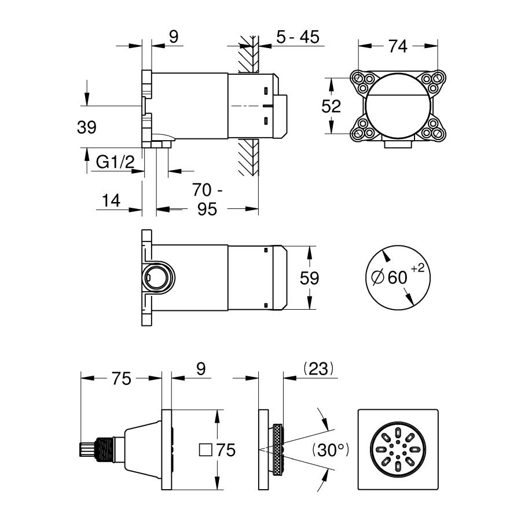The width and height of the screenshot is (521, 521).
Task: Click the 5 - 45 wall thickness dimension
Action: click(x=298, y=36)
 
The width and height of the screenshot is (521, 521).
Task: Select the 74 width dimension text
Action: click(x=398, y=46)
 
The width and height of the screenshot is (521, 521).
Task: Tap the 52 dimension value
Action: click(x=331, y=107)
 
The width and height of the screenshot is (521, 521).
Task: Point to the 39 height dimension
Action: click(x=87, y=127)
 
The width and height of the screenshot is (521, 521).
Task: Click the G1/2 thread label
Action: click(x=115, y=162)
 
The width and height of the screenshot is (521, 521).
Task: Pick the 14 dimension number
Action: click(x=111, y=201)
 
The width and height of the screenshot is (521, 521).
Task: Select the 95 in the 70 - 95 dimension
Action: click(x=207, y=209)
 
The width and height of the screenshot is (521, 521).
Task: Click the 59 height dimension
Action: click(x=309, y=278)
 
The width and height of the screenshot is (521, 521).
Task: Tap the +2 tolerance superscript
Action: click(x=417, y=269)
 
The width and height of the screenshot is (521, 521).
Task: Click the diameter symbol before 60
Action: click(x=378, y=277)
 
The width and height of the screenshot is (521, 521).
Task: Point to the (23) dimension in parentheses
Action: click(x=318, y=369)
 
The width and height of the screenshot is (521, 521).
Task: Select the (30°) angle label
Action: click(x=331, y=450)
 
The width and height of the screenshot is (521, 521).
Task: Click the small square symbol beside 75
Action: click(x=206, y=450)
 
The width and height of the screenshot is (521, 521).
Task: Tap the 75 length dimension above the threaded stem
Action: click(x=122, y=379)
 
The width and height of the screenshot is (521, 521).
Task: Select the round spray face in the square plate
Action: click(x=398, y=450)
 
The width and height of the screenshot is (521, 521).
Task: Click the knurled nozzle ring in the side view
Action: click(x=278, y=450)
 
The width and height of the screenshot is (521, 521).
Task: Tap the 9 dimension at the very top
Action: click(x=174, y=36)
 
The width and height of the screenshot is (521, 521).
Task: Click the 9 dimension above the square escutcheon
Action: click(x=201, y=369)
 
